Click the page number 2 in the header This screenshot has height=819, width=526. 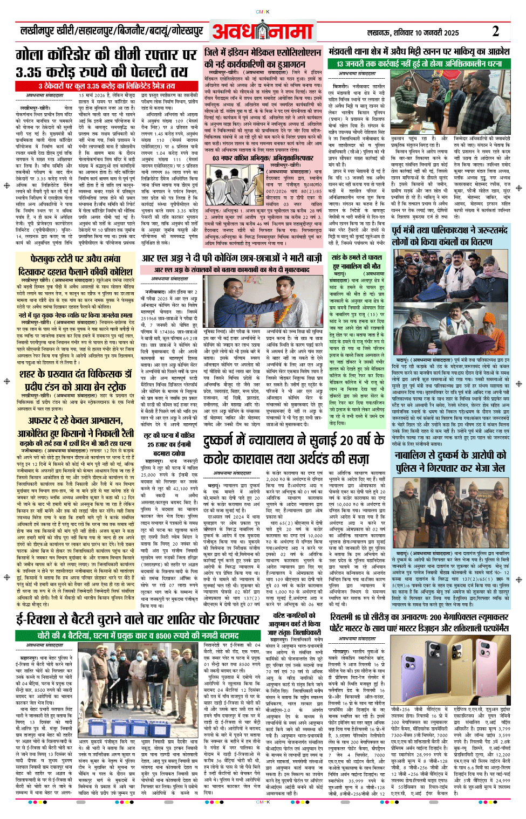click(x=495, y=31)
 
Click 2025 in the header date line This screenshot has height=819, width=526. click(x=448, y=33)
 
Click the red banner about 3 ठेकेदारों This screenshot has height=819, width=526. click(x=107, y=86)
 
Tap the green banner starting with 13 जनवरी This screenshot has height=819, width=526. click(x=419, y=64)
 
